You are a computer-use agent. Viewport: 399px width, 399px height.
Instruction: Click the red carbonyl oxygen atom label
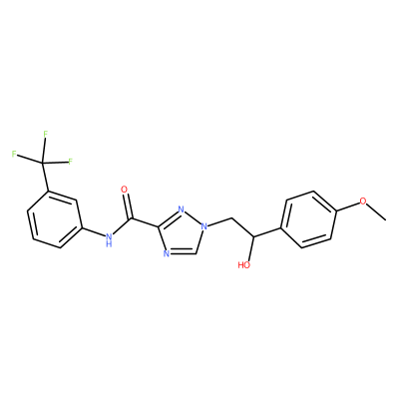point(124,190)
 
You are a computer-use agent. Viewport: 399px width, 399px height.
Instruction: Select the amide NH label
point(108,240)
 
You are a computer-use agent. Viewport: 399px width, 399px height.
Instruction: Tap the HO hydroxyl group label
point(244,265)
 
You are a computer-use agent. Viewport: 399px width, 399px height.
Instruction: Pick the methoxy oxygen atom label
point(363,201)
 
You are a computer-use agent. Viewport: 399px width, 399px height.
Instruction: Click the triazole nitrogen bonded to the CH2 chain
point(203,227)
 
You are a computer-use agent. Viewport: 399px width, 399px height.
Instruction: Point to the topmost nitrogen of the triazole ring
point(181,209)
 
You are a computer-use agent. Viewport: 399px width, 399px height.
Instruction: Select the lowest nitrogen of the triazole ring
point(167,253)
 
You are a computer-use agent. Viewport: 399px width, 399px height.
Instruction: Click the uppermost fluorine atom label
point(46,134)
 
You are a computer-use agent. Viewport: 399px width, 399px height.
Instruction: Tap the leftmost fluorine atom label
point(14,154)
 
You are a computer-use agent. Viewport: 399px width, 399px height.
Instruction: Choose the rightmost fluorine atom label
point(70,162)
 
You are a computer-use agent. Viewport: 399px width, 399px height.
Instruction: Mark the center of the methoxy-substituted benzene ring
point(308,219)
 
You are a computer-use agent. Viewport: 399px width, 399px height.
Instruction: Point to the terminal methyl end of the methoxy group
point(386,219)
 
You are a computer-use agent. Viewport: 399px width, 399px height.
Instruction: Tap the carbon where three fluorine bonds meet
point(42,163)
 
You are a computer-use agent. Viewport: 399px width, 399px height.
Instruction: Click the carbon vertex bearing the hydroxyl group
point(253,236)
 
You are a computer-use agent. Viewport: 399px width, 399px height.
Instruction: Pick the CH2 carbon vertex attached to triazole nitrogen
point(231,218)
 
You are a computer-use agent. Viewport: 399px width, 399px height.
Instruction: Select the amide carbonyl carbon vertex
point(132,219)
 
